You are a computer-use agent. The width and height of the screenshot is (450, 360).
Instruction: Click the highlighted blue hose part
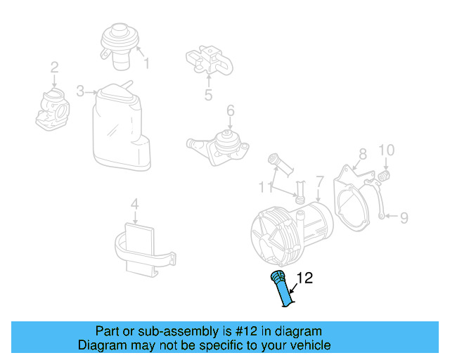pos(282,288)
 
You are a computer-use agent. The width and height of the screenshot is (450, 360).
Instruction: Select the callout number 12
pos(304,278)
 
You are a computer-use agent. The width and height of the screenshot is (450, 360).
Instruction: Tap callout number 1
pos(147,63)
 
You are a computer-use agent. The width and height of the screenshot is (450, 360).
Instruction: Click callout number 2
pos(55,67)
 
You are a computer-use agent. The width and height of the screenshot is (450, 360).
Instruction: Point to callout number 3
pos(80,91)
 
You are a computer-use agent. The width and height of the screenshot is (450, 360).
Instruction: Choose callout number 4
pos(134,204)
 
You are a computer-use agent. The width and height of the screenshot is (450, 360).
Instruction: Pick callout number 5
pos(208,94)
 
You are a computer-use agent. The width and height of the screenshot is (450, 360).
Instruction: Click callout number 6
pos(231,110)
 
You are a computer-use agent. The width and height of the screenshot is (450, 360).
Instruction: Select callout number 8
pos(363,154)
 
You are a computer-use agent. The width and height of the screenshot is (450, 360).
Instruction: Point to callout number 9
pos(404,218)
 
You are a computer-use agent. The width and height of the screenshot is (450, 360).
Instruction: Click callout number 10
pos(387,150)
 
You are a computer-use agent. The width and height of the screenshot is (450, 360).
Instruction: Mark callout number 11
pos(265,187)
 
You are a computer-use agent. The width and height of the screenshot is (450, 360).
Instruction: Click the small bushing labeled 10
pos(384,175)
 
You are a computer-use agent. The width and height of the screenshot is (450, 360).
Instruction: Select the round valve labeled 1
pos(120,46)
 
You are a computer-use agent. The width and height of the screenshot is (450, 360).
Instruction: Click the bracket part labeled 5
pos(210,60)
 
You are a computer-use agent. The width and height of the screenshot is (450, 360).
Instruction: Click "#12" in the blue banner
pos(246,331)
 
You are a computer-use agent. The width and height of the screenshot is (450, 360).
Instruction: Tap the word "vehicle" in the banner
pos(312,345)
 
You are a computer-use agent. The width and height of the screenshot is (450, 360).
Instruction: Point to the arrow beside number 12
pos(294,288)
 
